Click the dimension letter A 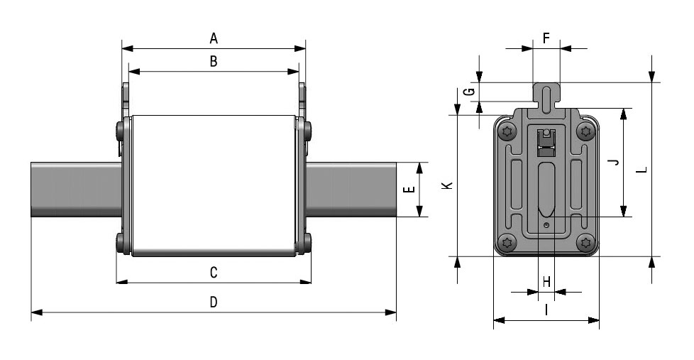(x=214, y=38)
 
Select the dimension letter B (x=214, y=61)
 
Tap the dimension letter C (x=214, y=273)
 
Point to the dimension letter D (x=214, y=302)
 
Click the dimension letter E (x=410, y=189)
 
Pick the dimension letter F (x=546, y=38)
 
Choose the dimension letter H (x=546, y=282)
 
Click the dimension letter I (x=546, y=310)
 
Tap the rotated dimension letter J (x=613, y=163)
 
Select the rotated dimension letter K (x=448, y=185)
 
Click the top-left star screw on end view (x=507, y=131)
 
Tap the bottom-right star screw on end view (x=586, y=241)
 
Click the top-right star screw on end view (x=586, y=131)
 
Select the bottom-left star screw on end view (x=507, y=241)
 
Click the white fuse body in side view (x=214, y=185)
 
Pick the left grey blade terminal (x=76, y=190)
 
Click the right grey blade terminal (x=351, y=190)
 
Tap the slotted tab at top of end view (x=546, y=96)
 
